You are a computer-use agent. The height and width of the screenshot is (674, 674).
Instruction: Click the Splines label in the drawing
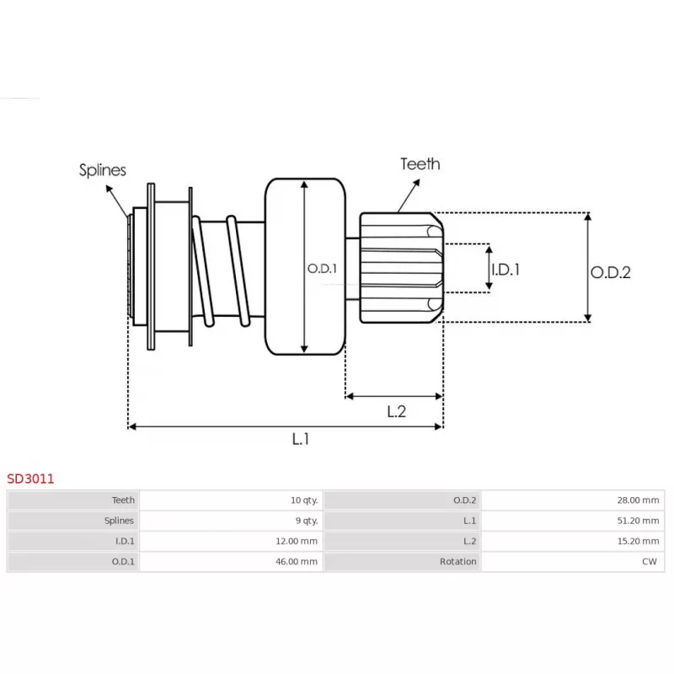click(103, 170)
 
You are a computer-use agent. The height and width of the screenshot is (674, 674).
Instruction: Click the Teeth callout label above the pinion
click(420, 163)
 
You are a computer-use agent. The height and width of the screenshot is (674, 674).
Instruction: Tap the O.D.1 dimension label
click(321, 269)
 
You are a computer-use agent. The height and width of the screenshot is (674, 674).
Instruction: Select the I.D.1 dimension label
click(505, 270)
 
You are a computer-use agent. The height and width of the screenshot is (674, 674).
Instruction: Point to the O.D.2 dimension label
click(610, 272)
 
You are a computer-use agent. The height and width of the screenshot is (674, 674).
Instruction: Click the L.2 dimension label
click(397, 411)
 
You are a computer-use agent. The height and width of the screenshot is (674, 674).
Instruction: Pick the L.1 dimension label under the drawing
click(301, 439)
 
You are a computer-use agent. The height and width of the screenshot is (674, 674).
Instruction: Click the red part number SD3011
click(31, 479)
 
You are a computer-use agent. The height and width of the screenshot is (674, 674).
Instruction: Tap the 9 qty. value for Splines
click(305, 521)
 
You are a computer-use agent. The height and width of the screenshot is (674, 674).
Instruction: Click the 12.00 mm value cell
click(298, 541)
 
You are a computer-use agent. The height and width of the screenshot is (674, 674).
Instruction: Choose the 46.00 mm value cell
click(298, 561)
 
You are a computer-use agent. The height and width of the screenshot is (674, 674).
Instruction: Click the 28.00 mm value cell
click(639, 500)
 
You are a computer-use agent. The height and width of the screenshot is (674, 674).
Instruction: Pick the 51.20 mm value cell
click(639, 521)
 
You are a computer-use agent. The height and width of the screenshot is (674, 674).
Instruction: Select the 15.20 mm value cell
click(639, 541)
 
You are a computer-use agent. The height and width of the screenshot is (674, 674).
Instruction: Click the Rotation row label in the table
click(458, 561)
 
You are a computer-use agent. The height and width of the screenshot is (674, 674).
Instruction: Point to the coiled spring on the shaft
click(221, 270)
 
